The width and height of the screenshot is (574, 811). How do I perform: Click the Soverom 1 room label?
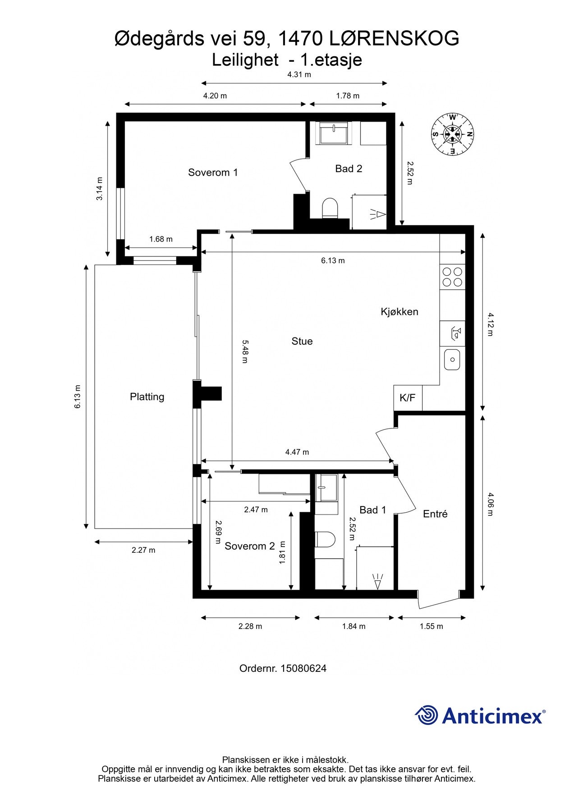[x=213, y=173]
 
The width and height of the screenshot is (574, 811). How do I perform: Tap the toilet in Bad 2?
[x=330, y=208]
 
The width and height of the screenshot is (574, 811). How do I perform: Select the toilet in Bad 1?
[x=325, y=539]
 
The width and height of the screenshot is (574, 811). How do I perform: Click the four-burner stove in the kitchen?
[x=452, y=277]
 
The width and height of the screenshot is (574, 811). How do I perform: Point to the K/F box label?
[x=408, y=398]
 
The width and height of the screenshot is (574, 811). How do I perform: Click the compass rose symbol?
[x=452, y=134]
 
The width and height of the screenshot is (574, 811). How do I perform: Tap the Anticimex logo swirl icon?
[x=427, y=715]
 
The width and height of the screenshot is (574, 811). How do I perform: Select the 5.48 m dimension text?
[x=245, y=351]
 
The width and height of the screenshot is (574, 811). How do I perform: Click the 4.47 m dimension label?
[x=297, y=452]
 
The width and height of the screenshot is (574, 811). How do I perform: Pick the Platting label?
[x=147, y=397]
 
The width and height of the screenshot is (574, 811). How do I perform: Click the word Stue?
[x=302, y=342]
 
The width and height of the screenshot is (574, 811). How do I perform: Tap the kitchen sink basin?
[x=452, y=360]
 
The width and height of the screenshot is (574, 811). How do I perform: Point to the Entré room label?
[x=435, y=514]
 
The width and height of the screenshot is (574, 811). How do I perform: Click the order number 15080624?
[x=303, y=668]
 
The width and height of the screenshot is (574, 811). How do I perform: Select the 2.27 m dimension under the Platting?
[x=143, y=550]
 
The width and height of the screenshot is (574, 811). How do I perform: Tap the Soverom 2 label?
[x=249, y=547]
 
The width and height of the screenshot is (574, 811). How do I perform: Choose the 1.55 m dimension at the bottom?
[x=431, y=626]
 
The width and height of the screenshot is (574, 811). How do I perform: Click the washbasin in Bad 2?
[x=333, y=132]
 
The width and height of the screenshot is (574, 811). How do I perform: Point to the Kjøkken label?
[x=400, y=312]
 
